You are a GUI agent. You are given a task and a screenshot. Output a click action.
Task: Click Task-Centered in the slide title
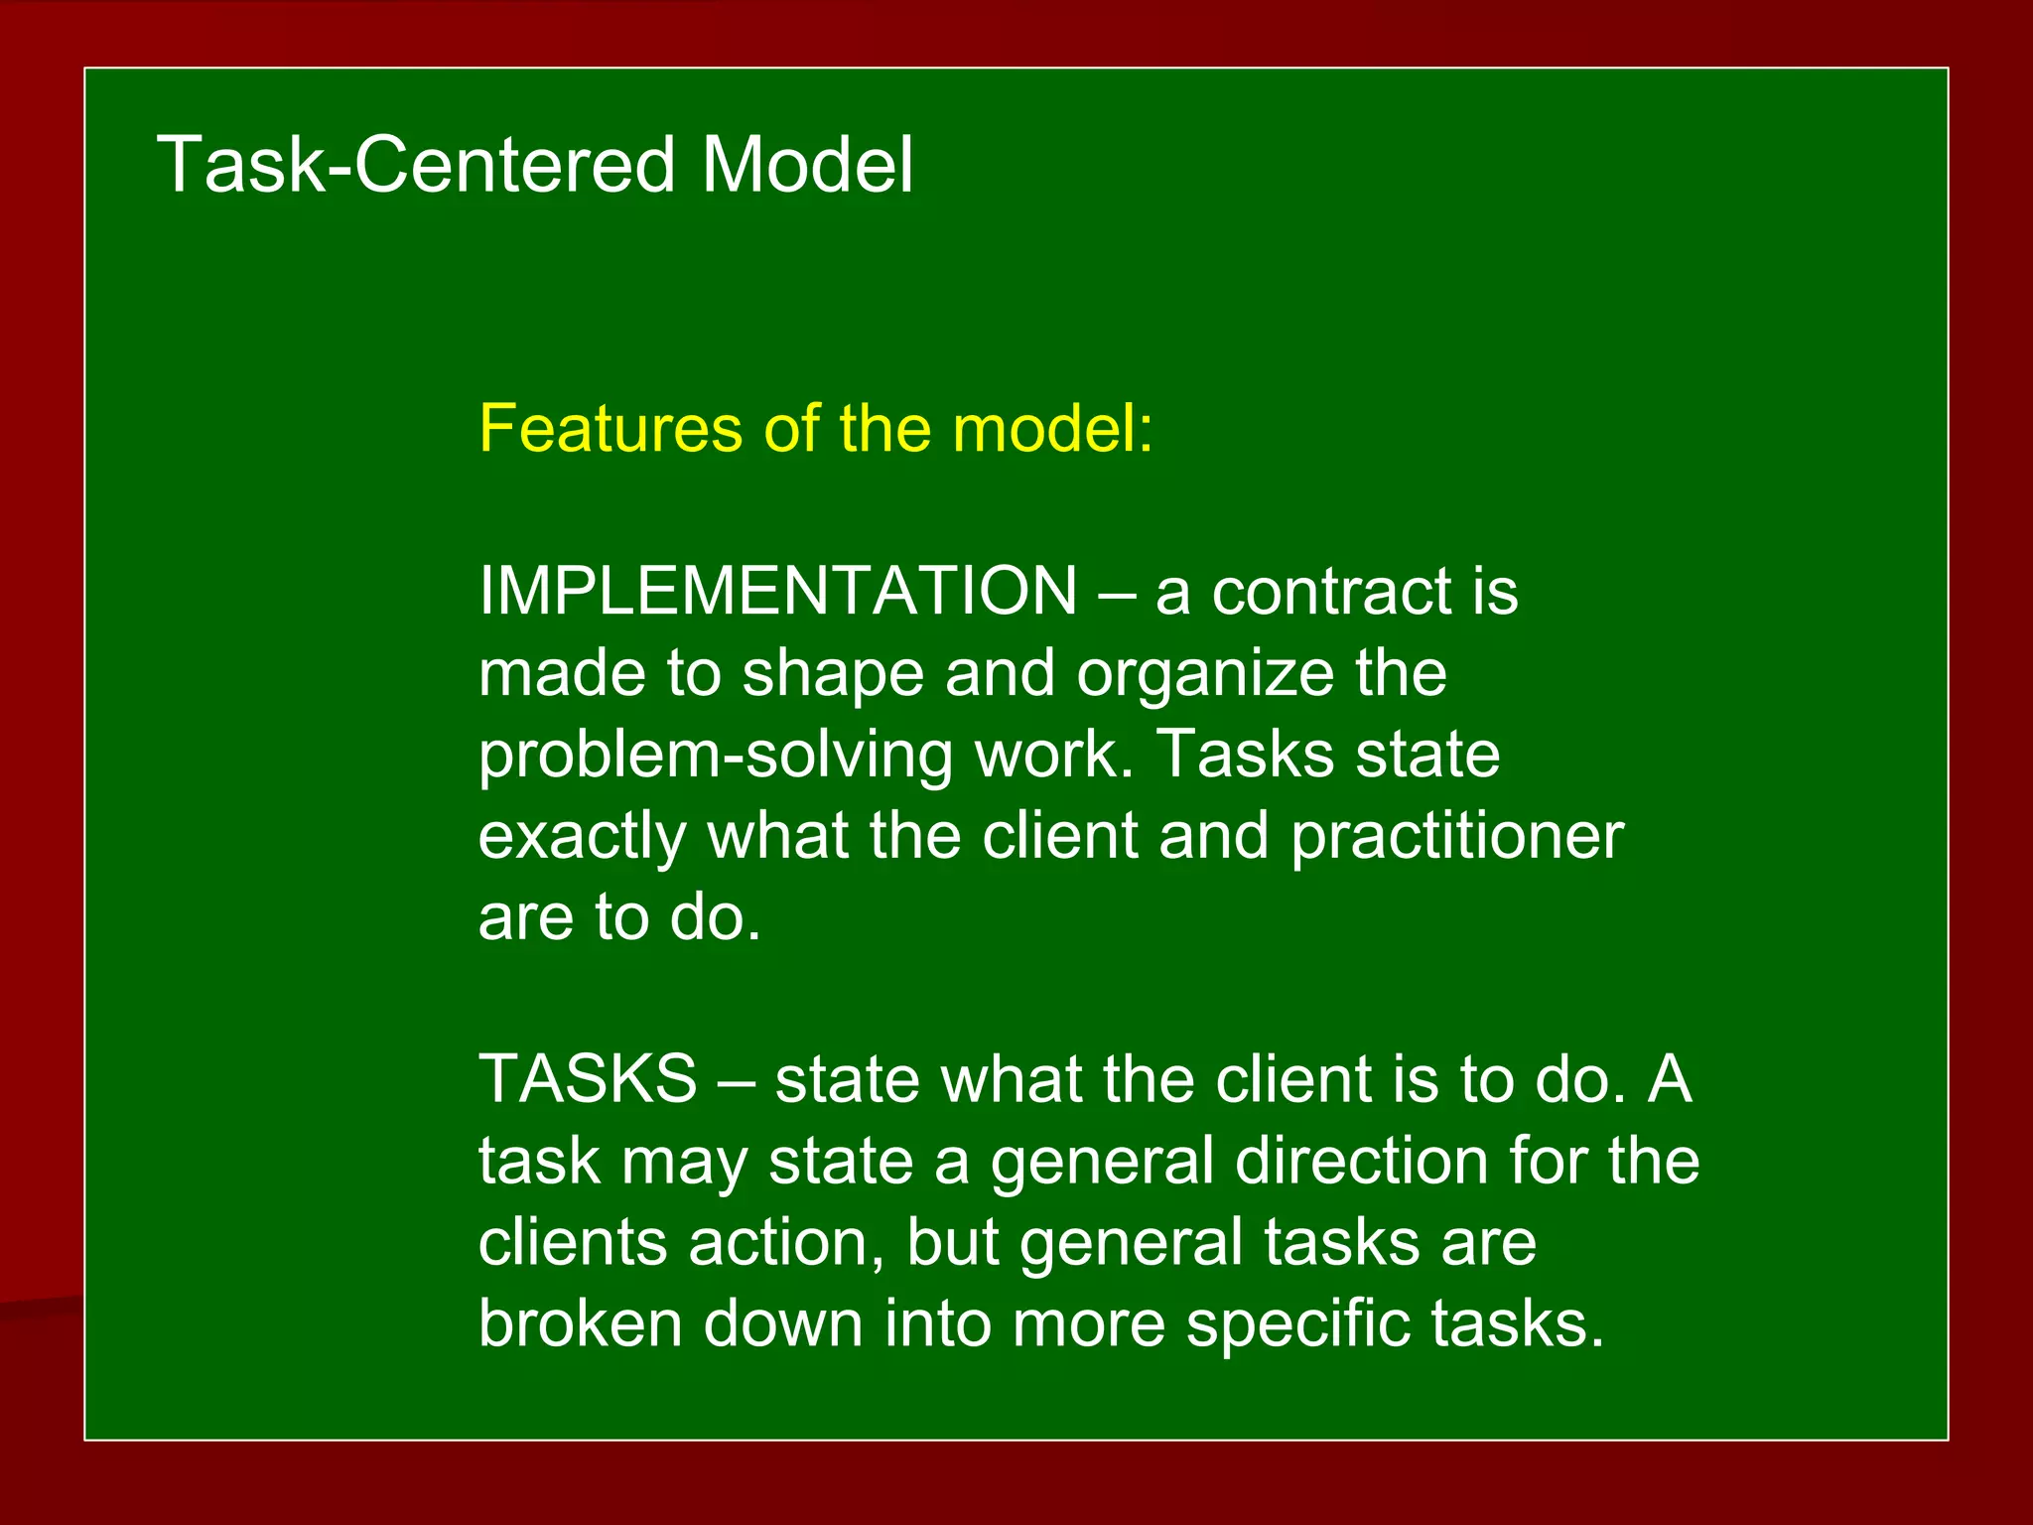415,165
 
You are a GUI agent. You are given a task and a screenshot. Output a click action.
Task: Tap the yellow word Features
610,429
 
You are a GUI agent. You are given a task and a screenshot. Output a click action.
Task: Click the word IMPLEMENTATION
777,591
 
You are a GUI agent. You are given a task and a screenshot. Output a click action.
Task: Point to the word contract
1330,592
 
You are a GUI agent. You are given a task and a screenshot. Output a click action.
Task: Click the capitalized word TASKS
588,1079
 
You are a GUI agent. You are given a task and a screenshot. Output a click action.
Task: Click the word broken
580,1324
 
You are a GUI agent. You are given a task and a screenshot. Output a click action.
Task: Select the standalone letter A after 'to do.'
1670,1079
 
